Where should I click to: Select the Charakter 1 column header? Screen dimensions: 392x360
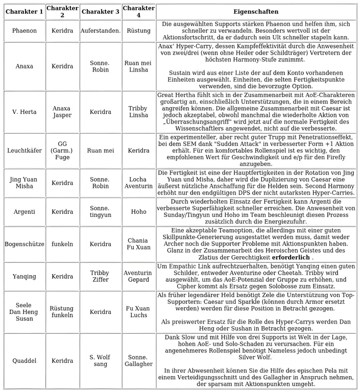[x=24, y=12]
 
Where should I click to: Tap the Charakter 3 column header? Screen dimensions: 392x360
[x=100, y=12]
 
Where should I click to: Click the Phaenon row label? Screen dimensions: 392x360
[x=24, y=31]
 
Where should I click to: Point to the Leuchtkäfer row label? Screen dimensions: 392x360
[x=24, y=151]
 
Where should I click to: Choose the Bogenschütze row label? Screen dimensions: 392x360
[x=24, y=244]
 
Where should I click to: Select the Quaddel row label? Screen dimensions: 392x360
[x=24, y=361]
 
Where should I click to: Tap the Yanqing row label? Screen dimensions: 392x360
[x=24, y=277]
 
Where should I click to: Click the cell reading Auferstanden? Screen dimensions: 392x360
[x=100, y=31]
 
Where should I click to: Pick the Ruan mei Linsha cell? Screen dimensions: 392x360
[x=138, y=66]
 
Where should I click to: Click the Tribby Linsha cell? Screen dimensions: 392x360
[x=138, y=112]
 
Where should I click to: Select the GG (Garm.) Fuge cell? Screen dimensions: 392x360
[x=62, y=151]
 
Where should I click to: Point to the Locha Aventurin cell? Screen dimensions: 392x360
[x=138, y=183]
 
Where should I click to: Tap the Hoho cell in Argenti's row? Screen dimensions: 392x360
[x=138, y=211]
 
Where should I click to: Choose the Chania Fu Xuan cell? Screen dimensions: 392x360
[x=138, y=244]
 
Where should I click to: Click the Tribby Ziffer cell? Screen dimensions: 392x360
[x=100, y=277]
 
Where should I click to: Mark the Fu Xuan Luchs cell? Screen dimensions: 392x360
[x=138, y=312]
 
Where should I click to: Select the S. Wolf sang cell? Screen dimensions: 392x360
[x=100, y=361]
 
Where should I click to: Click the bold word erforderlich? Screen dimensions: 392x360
[x=291, y=258]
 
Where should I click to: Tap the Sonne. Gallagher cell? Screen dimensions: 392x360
[x=138, y=361]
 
